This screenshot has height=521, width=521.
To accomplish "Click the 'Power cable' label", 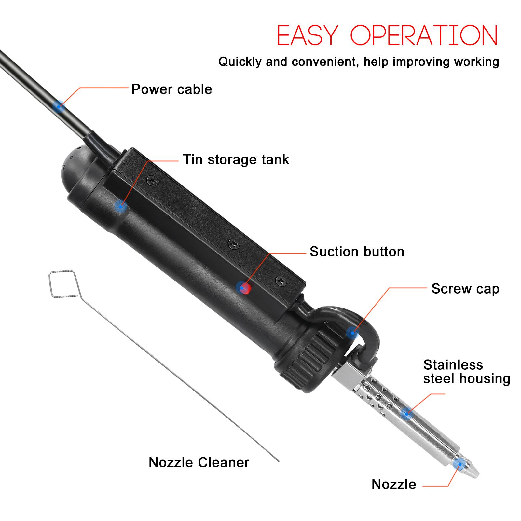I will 171,89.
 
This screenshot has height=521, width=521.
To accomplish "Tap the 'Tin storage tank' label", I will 236,159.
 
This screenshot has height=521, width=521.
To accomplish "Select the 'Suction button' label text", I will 357,252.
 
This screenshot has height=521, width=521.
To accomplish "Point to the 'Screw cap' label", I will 465,289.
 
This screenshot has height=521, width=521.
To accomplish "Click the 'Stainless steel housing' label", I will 466,372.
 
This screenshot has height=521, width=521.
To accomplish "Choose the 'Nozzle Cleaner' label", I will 199,462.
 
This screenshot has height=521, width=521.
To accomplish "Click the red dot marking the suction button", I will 244,287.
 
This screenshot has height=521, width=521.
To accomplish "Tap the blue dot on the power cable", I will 59,105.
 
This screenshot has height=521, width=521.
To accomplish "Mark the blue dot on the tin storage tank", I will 121,206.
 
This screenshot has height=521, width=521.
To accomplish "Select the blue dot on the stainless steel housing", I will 405,413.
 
